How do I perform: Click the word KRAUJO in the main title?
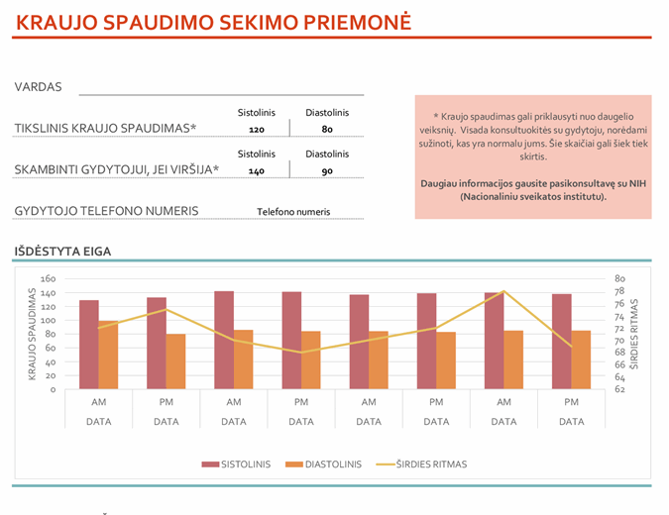pyautogui.click(x=58, y=22)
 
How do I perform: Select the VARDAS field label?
pyautogui.click(x=39, y=87)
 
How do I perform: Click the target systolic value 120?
pyautogui.click(x=257, y=130)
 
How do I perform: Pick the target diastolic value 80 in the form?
pyautogui.click(x=327, y=130)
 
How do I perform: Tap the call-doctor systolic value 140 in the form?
pyautogui.click(x=257, y=171)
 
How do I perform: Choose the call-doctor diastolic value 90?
pyautogui.click(x=327, y=171)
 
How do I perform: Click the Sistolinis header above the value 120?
pyautogui.click(x=257, y=113)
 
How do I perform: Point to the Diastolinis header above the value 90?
pyautogui.click(x=327, y=154)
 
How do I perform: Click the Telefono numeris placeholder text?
pyautogui.click(x=293, y=212)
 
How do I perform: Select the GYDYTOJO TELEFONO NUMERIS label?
pyautogui.click(x=107, y=211)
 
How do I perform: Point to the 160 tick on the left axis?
pyautogui.click(x=49, y=279)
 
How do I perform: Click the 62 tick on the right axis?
pyautogui.click(x=620, y=389)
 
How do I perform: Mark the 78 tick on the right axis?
pyautogui.click(x=620, y=292)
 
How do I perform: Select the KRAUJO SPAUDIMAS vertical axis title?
pyautogui.click(x=32, y=334)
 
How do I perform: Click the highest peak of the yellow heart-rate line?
pyautogui.click(x=503, y=292)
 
